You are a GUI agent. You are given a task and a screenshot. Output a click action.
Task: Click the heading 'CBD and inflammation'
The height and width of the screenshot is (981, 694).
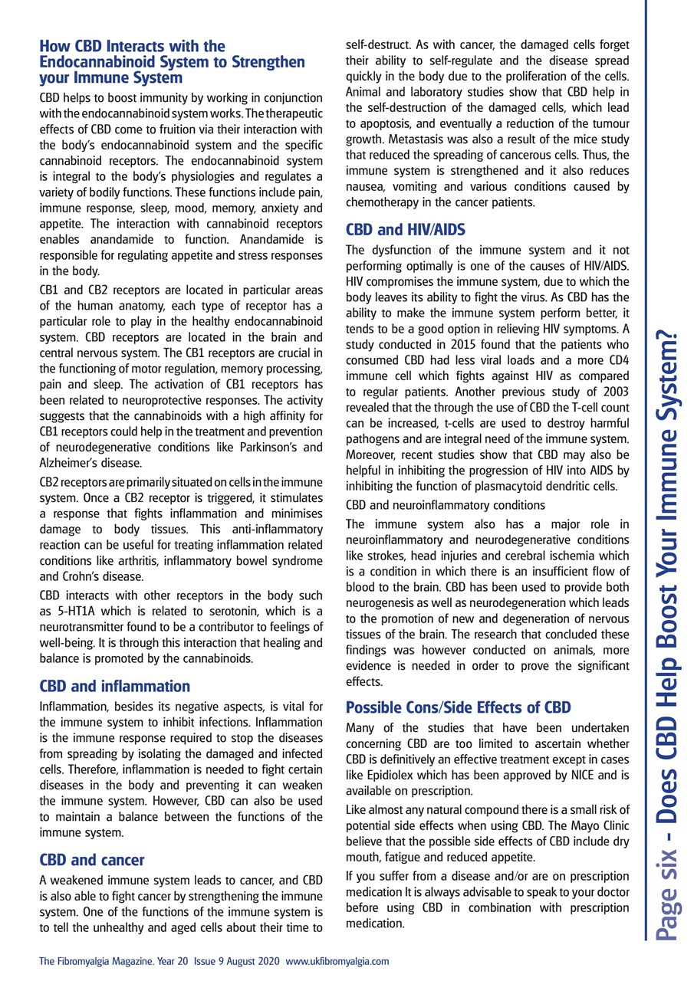[x=114, y=685]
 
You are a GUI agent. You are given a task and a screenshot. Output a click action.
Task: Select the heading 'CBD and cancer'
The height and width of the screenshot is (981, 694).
[x=91, y=860]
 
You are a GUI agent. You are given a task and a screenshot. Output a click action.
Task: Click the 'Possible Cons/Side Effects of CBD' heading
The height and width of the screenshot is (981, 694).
[x=459, y=706]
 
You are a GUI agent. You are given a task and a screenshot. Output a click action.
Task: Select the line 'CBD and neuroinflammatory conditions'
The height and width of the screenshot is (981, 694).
[x=446, y=505]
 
